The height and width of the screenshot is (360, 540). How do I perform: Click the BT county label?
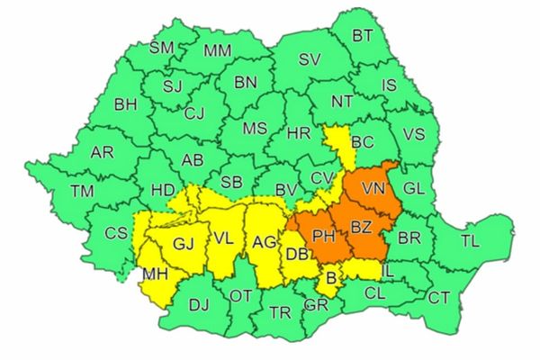coord(363,36)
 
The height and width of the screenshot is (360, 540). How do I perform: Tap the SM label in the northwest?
coord(162,48)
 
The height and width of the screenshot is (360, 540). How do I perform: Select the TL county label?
coord(470,240)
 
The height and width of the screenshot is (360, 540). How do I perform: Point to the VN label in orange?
coord(372,189)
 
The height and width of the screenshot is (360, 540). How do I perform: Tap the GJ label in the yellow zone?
coord(184,243)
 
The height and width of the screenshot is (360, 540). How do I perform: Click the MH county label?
coord(155,274)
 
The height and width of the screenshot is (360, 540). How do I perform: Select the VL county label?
coord(225,239)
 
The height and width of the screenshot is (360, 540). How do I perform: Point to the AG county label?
coord(264,241)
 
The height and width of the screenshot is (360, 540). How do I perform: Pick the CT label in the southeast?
coord(438,297)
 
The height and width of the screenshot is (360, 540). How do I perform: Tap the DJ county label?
coord(199,305)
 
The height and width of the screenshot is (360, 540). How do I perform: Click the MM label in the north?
coord(217,50)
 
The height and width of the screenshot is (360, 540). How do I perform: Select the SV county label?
coord(309,60)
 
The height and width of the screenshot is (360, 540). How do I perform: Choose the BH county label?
coord(126,103)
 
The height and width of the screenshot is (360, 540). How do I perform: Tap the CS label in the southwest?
coord(116,232)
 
